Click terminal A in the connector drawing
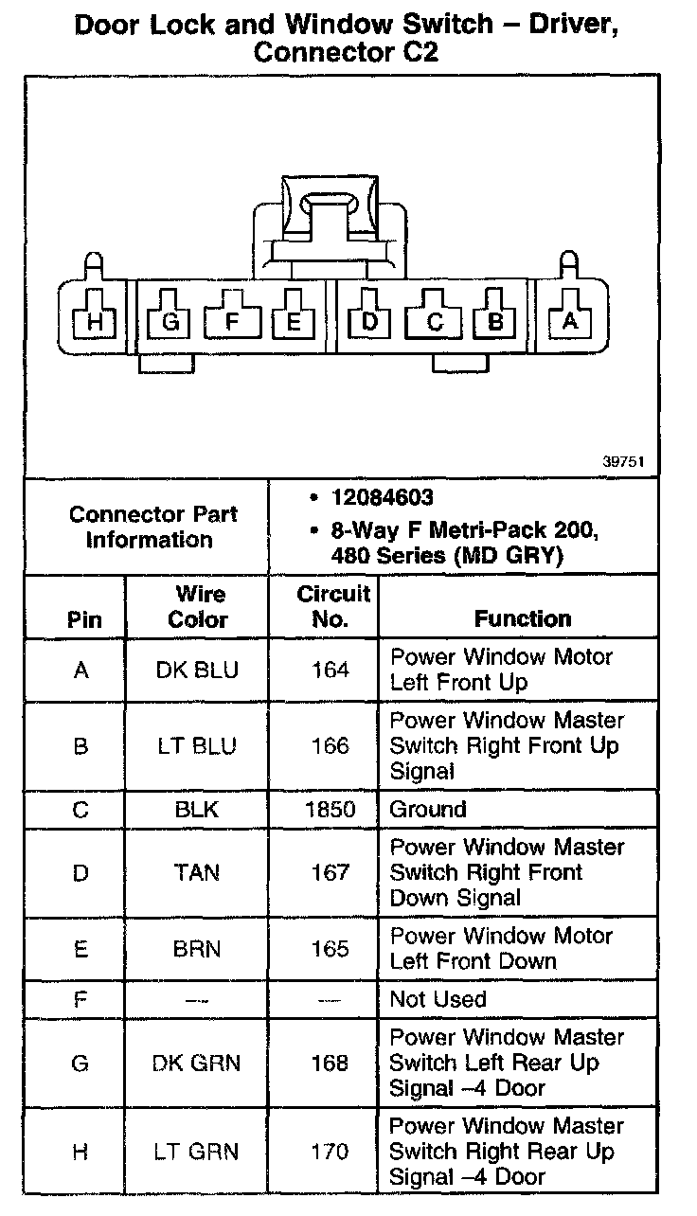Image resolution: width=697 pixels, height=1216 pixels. [570, 322]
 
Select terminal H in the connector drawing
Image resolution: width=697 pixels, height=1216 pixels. [95, 323]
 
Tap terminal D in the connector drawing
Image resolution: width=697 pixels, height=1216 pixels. [370, 322]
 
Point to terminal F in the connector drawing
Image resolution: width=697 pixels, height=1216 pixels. [233, 322]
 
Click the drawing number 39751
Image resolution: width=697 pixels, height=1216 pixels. [624, 463]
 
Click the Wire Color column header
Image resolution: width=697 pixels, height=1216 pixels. [198, 607]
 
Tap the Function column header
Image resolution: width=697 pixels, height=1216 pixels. [523, 618]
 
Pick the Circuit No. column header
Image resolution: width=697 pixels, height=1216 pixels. [331, 607]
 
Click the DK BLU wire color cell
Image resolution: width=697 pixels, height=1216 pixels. [198, 671]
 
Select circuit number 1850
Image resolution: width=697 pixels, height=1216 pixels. [331, 810]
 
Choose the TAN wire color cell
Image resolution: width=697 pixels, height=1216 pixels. [198, 872]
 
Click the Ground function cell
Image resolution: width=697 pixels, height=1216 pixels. [428, 810]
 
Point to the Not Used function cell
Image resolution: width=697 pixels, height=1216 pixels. [438, 999]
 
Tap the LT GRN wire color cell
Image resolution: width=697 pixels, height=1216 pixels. [198, 1152]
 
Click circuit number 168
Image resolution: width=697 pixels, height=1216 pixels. [331, 1063]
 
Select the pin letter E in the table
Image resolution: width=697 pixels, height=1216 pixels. [80, 949]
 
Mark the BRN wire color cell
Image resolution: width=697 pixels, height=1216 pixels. [198, 949]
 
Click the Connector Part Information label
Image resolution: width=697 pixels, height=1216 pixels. [152, 528]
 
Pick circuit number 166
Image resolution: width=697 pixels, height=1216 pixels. [331, 746]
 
